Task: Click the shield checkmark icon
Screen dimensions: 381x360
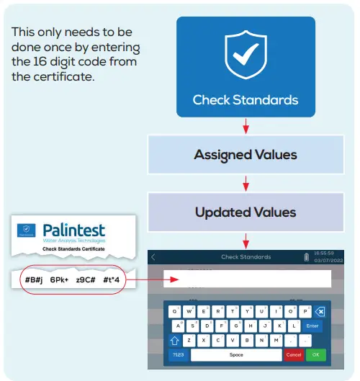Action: pos(246,55)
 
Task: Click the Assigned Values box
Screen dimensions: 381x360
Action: pos(246,154)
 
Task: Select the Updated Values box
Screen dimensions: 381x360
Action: pos(246,212)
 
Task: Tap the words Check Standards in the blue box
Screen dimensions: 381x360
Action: pos(246,100)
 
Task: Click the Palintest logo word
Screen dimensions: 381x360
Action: pos(73,230)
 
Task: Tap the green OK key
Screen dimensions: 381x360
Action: pos(315,355)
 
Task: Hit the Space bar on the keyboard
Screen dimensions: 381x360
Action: pos(236,355)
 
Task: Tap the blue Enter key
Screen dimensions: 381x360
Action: pos(311,326)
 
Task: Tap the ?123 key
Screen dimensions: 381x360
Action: pos(178,355)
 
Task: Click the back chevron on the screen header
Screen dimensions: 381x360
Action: pos(153,256)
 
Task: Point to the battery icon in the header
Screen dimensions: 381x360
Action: pos(307,256)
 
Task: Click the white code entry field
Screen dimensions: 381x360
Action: pos(245,279)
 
